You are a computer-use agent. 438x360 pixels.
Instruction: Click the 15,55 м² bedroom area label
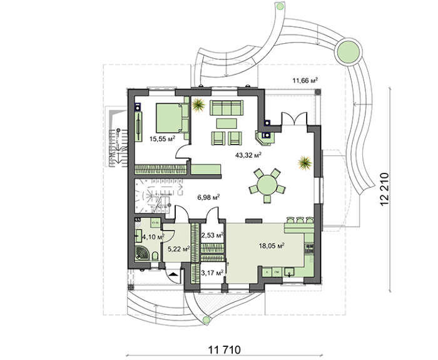click(161, 140)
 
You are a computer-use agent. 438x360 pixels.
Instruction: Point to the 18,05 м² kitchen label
click(272, 246)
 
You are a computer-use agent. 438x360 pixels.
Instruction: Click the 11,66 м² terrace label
click(305, 80)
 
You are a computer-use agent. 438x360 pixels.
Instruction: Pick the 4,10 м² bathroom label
click(153, 237)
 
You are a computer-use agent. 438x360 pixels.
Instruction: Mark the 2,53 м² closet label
click(211, 235)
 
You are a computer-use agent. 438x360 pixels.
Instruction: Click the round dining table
click(265, 186)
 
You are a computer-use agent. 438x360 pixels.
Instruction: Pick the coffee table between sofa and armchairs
click(226, 122)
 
